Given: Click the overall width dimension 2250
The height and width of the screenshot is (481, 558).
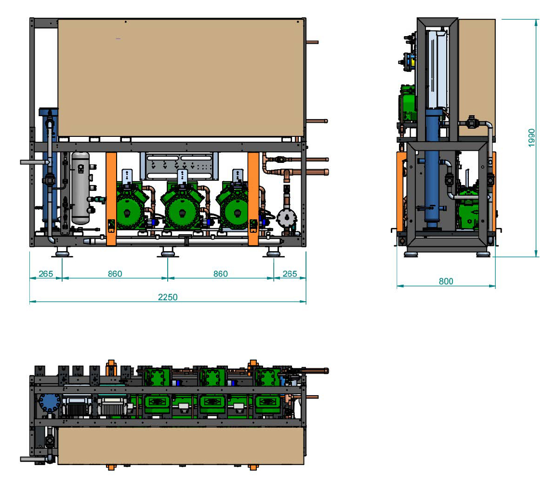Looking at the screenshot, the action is pyautogui.click(x=168, y=297).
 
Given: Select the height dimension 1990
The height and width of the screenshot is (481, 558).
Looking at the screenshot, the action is pyautogui.click(x=531, y=138).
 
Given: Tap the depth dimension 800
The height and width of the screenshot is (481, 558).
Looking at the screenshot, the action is pyautogui.click(x=446, y=281).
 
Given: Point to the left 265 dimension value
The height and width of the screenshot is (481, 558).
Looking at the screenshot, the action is pyautogui.click(x=46, y=274).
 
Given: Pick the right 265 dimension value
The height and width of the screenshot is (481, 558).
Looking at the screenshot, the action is pyautogui.click(x=290, y=274).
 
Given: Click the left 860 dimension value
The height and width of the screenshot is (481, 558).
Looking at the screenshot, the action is pyautogui.click(x=115, y=274).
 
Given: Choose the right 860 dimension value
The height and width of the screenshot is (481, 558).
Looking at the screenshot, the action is pyautogui.click(x=221, y=274).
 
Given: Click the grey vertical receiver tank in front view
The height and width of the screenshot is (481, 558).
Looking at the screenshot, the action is pyautogui.click(x=81, y=188).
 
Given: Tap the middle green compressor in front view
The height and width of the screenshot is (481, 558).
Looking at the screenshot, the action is pyautogui.click(x=182, y=206).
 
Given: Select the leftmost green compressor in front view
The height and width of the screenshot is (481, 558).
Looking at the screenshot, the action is pyautogui.click(x=131, y=206).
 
